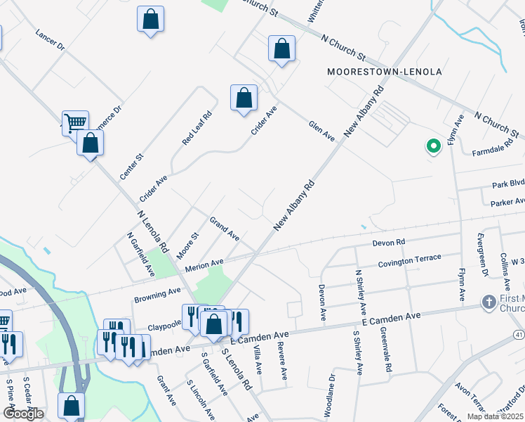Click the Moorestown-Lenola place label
tap(385, 72)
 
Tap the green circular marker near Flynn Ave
tap(433, 146)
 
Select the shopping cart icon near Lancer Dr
tap(75, 123)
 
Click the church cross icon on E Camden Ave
tap(489, 302)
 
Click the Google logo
tap(22, 414)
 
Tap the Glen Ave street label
tap(322, 131)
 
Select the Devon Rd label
tap(389, 243)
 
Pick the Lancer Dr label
tap(49, 40)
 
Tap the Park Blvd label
tap(508, 184)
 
